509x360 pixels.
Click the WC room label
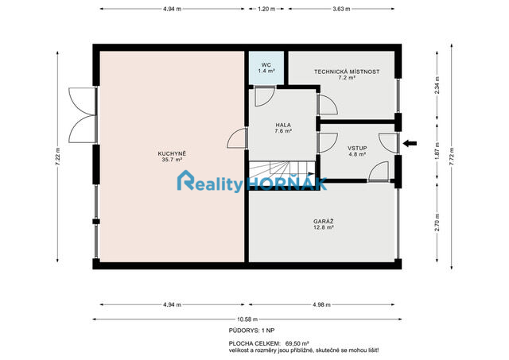coord(266,68)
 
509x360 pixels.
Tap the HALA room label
coord(283,128)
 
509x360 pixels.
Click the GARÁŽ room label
coord(323,223)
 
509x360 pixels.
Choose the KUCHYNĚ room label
coord(172,155)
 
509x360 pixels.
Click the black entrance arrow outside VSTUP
coord(410,144)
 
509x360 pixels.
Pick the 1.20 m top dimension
coord(266,9)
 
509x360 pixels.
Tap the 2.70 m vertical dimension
coord(437,219)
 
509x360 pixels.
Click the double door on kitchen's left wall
coord(82,115)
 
